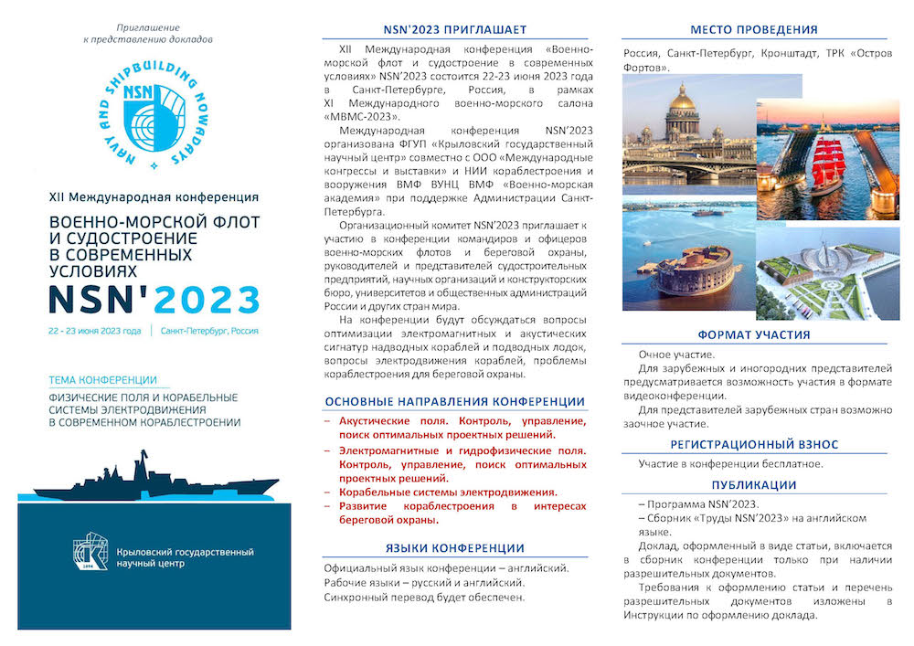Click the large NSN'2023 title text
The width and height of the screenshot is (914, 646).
click(x=154, y=299)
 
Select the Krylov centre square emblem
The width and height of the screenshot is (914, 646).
click(x=90, y=551)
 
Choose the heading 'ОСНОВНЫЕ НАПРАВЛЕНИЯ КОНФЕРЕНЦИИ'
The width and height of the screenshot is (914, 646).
click(x=454, y=401)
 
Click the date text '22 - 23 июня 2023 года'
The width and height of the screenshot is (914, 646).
click(x=96, y=331)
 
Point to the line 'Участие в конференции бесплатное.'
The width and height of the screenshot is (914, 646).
click(x=731, y=463)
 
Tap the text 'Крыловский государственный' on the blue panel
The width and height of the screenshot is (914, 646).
click(x=186, y=552)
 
